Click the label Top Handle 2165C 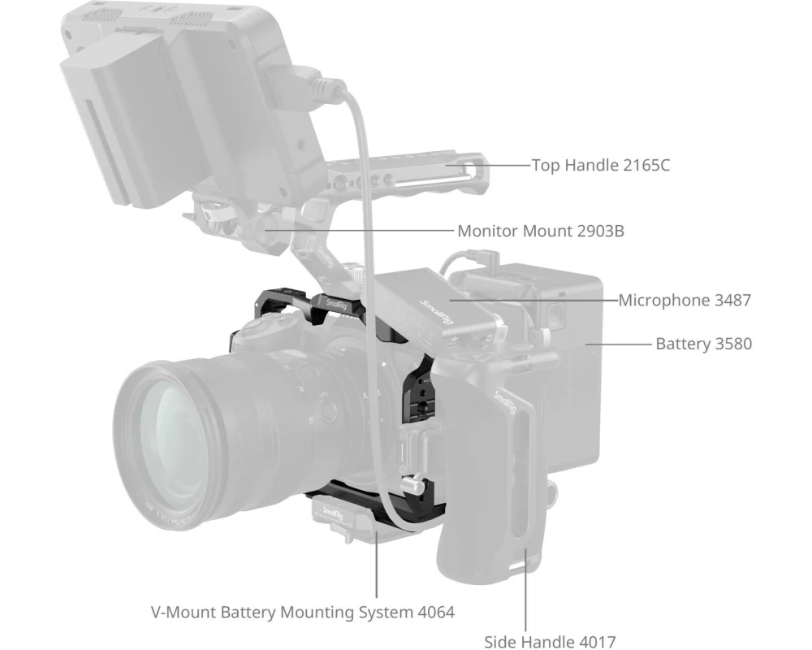click(x=601, y=166)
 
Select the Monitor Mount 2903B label click(x=541, y=231)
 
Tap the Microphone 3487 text click(x=685, y=300)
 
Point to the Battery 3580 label click(x=704, y=344)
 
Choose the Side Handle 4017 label click(x=550, y=642)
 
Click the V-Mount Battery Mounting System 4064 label click(x=303, y=612)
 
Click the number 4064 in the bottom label click(x=436, y=612)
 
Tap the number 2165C click(x=646, y=166)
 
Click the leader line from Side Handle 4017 click(x=525, y=590)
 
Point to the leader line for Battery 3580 click(x=618, y=344)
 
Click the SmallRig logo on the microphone click(x=436, y=311)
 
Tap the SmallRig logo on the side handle click(x=504, y=401)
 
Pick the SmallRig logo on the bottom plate click(x=332, y=514)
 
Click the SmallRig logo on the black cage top click(x=337, y=305)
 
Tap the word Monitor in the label click(x=488, y=231)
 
